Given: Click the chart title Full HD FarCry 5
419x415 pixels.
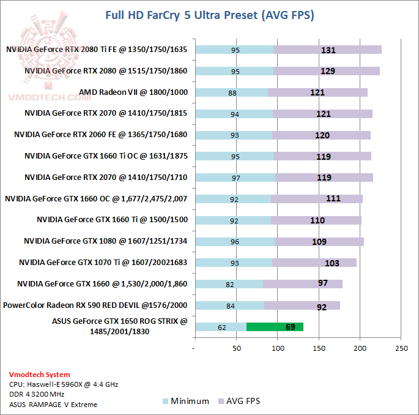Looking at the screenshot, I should (209, 15).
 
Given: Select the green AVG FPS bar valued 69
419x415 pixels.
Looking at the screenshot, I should (275, 327).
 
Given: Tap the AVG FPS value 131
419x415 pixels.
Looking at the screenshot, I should (328, 50).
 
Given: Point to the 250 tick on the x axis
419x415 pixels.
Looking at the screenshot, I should (401, 348).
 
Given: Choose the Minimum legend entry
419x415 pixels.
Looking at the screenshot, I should (186, 402).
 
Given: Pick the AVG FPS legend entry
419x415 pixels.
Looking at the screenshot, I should (243, 402).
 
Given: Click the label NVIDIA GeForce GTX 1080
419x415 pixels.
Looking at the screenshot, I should (105, 241).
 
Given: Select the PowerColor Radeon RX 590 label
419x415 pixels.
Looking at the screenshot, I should (95, 305).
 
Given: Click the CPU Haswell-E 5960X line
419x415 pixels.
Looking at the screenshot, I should (64, 384).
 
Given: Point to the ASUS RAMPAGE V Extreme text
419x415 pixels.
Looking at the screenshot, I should (53, 404).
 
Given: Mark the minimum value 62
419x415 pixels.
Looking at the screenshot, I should (221, 327).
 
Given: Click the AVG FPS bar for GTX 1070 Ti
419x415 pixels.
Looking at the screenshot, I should (314, 263).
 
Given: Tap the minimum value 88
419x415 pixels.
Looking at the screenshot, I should (232, 93).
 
